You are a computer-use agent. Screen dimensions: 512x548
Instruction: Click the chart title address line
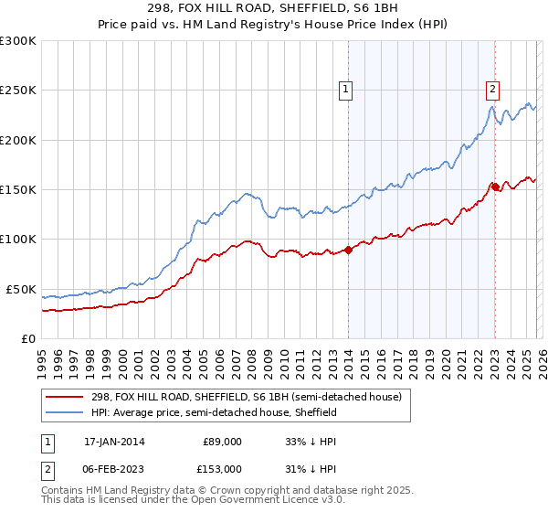tap(274, 7)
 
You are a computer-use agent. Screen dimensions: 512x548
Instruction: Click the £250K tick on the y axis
tap(17, 91)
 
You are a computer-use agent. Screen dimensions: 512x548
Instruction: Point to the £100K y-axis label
tap(17, 240)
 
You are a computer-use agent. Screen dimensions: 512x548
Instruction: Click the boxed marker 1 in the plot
tap(348, 89)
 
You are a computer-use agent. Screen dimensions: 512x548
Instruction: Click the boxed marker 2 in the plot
tap(492, 89)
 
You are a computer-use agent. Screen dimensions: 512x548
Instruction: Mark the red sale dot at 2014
tap(349, 250)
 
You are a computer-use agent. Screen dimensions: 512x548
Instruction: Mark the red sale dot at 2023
tap(494, 187)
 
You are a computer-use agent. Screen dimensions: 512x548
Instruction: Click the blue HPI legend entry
tap(214, 413)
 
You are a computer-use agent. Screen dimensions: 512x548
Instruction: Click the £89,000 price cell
tap(222, 441)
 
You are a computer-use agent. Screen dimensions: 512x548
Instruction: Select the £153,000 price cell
tap(222, 468)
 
